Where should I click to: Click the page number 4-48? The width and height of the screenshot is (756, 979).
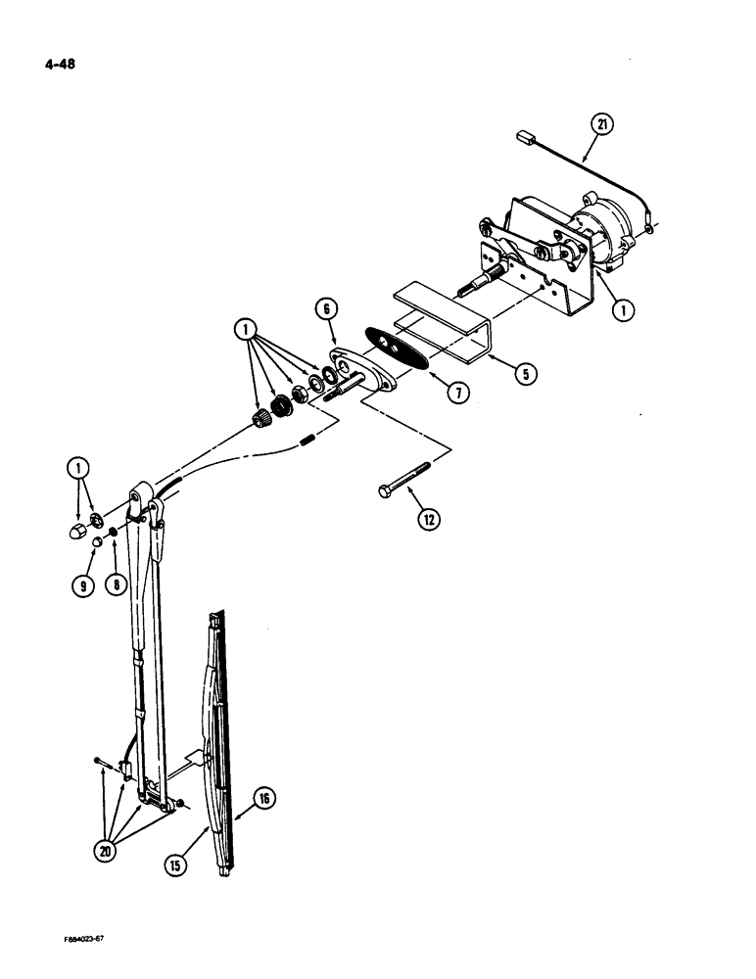pos(60,66)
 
